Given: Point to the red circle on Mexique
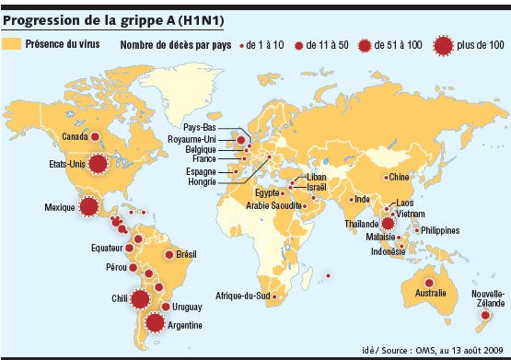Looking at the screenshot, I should coord(89,207).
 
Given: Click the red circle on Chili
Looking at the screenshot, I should coord(140,298).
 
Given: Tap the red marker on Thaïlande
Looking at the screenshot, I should coord(389,222).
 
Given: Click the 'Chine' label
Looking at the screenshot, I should coord(399,176).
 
